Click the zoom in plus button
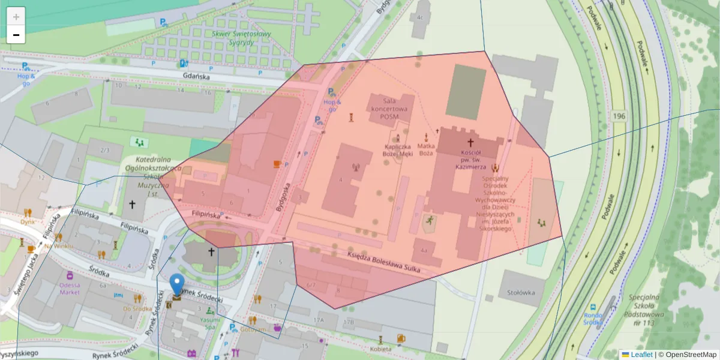(16, 17)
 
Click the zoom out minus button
(16, 35)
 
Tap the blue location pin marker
(177, 284)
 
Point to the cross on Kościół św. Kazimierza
(470, 143)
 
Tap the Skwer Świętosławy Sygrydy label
(241, 39)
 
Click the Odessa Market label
(70, 289)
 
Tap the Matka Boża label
(426, 149)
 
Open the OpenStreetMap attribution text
(688, 355)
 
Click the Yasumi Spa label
(209, 324)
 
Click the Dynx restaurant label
(27, 221)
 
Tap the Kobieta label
(380, 349)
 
